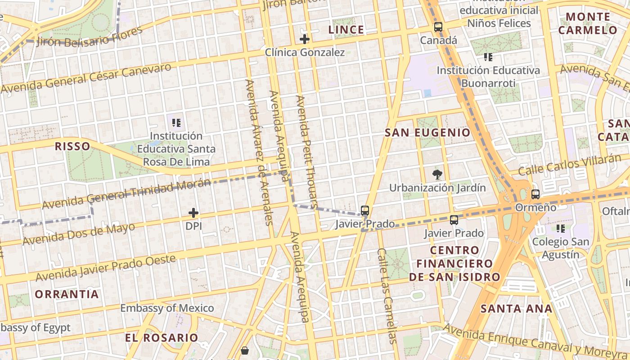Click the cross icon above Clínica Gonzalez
coord(305,39)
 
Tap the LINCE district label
coord(346,30)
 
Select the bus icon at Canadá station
coord(438,27)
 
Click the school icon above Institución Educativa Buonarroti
coord(488,57)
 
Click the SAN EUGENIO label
coord(427,133)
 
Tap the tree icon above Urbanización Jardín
coord(436,175)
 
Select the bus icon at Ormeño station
coord(535,194)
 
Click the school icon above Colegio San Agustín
coord(561,229)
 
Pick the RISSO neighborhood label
coord(72,146)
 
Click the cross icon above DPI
coord(193,213)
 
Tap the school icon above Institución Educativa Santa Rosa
coord(176,122)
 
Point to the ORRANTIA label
coord(67,294)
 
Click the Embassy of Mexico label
coord(167,308)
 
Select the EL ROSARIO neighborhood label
coord(161,337)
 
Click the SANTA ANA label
coord(516,309)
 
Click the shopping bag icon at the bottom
coord(245,350)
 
